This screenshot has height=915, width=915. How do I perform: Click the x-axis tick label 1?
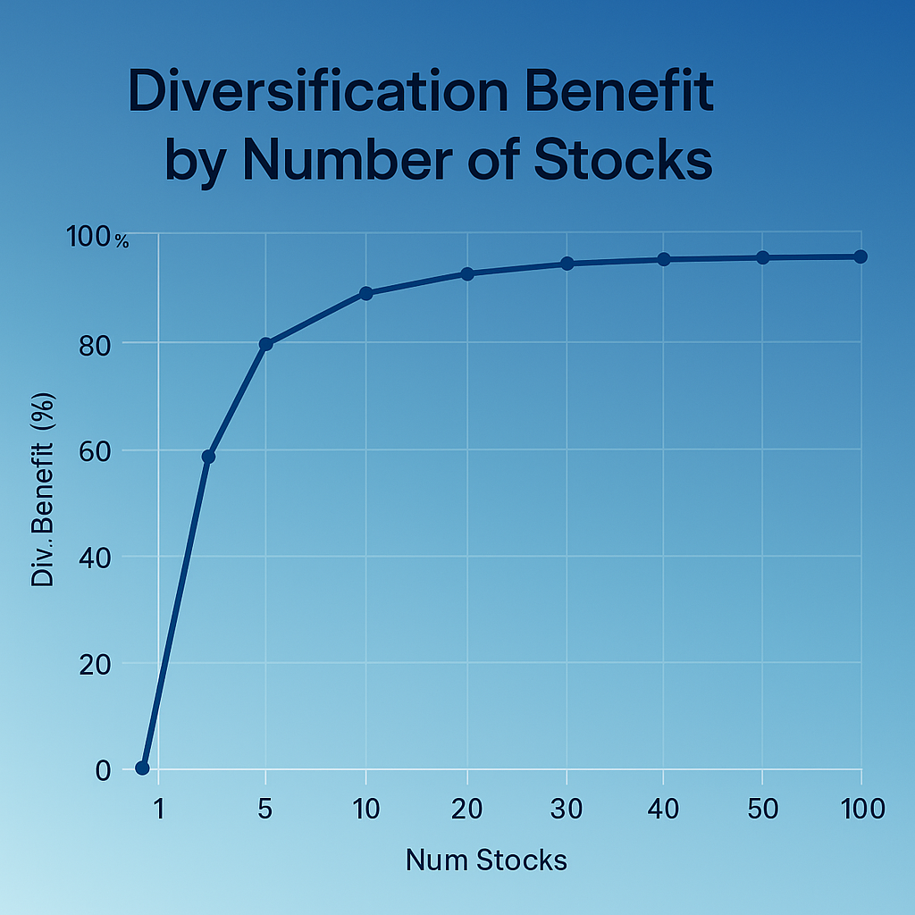click(159, 810)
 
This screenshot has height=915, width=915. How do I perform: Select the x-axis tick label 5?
click(264, 810)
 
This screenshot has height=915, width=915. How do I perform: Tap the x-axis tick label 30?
click(567, 810)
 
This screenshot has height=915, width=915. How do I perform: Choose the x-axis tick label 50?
click(762, 810)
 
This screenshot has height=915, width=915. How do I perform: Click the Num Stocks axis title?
click(486, 860)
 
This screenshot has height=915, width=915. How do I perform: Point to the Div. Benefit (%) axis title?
click(44, 489)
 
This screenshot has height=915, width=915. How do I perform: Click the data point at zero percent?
click(142, 768)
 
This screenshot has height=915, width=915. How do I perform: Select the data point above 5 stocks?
click(265, 343)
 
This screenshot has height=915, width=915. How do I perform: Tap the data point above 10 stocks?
click(365, 293)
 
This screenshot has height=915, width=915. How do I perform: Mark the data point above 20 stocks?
click(467, 273)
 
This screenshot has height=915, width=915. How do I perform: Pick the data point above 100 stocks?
click(860, 256)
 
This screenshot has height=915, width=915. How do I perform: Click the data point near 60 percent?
click(208, 457)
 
